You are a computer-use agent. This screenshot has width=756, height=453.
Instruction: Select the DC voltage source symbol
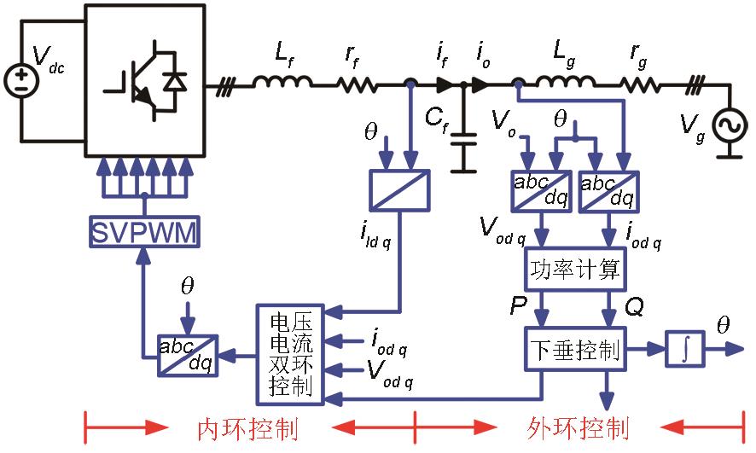pyautogui.click(x=19, y=83)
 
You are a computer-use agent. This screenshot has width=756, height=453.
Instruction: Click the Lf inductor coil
pyautogui.click(x=282, y=83)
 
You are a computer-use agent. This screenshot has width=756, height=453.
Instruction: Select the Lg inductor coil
pyautogui.click(x=566, y=83)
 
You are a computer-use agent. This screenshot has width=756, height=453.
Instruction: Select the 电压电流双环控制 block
pyautogui.click(x=291, y=353)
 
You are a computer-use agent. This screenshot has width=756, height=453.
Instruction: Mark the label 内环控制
pyautogui.click(x=247, y=427)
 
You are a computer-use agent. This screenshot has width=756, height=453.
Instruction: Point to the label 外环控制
pyautogui.click(x=577, y=427)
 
